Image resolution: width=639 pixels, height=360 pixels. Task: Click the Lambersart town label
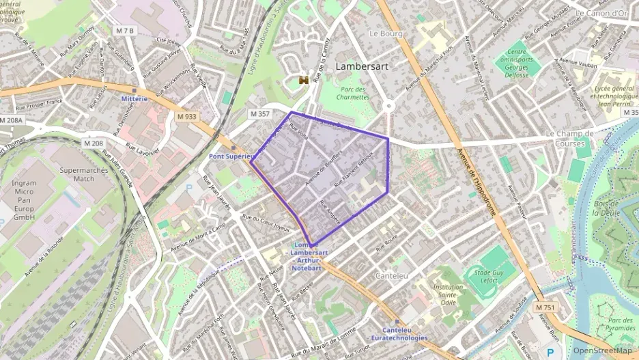tap(363, 67)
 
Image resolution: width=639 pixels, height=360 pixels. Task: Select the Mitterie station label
tap(134, 98)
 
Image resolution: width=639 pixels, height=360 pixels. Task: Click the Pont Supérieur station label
tap(231, 156)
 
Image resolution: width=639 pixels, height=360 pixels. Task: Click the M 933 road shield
tap(186, 116)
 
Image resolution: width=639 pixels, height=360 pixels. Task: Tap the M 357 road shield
tap(259, 114)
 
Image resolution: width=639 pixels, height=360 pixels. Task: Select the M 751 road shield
tap(545, 308)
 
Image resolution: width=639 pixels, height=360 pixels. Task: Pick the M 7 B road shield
tap(126, 31)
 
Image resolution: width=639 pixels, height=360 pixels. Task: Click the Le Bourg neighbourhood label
tap(383, 33)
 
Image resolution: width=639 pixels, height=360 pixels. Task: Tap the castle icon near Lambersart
tap(304, 81)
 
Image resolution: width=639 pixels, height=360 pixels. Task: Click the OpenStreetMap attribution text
tap(602, 350)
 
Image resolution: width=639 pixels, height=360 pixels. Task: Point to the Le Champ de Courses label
tap(565, 139)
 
